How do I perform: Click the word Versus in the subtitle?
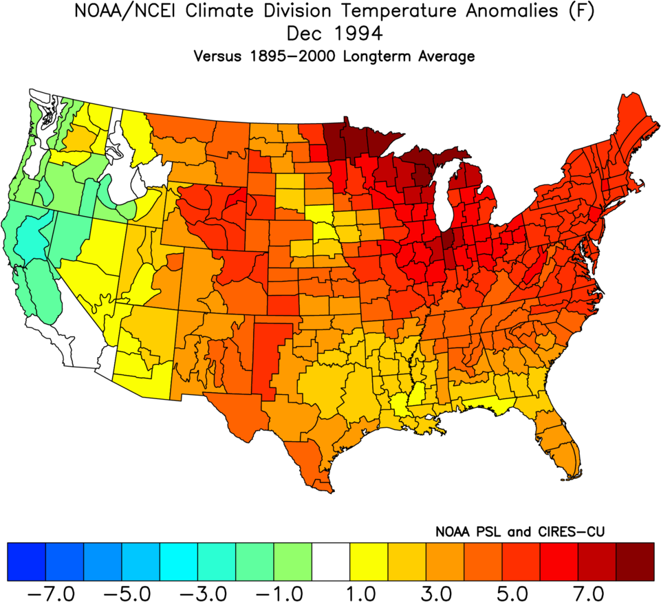click(x=216, y=56)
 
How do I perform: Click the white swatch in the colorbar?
click(x=331, y=561)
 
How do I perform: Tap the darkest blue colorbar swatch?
click(x=26, y=561)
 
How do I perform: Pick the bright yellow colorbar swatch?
click(x=369, y=561)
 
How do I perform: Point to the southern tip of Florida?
click(x=570, y=476)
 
